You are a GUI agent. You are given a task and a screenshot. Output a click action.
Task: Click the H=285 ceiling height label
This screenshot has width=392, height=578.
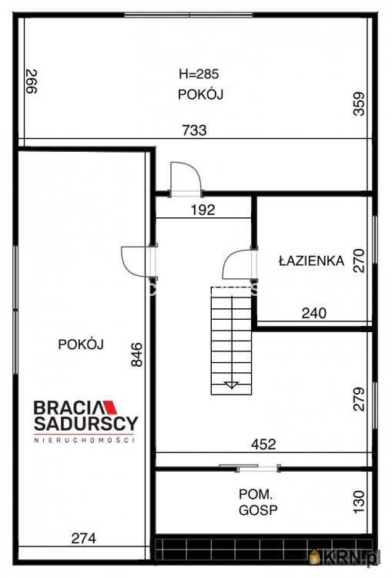[x=199, y=74]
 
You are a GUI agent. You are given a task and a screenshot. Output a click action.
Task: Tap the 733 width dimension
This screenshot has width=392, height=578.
[x=194, y=130]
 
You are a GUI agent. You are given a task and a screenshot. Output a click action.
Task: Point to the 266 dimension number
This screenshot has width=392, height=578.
[x=32, y=82]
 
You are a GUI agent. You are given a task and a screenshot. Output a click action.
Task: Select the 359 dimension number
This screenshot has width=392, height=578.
[x=358, y=104]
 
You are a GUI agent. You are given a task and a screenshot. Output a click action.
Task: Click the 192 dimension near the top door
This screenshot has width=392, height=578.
[x=203, y=210]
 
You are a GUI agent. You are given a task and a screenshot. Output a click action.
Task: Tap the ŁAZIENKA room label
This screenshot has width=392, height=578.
[x=311, y=261]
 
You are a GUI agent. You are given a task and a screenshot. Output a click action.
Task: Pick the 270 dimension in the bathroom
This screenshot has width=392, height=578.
[x=358, y=261]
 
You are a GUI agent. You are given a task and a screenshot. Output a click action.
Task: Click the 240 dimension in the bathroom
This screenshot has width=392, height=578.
[x=314, y=314]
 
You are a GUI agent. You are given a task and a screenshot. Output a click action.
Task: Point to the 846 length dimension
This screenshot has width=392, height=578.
[x=136, y=355]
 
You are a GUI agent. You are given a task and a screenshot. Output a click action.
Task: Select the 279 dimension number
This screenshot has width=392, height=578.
[x=358, y=399]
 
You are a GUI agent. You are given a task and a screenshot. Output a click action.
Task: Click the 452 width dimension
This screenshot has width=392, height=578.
[x=263, y=444]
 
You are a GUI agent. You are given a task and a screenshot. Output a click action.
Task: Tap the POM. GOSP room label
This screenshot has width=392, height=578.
[x=258, y=502]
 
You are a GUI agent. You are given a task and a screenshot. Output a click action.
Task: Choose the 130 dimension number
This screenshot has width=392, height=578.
[x=358, y=502]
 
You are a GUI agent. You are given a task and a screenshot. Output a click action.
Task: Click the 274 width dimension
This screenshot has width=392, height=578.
[x=84, y=539]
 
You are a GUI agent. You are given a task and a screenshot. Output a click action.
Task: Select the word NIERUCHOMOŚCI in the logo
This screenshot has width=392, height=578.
[x=85, y=440]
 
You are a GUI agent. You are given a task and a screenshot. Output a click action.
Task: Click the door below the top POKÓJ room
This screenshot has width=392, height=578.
[x=186, y=178]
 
